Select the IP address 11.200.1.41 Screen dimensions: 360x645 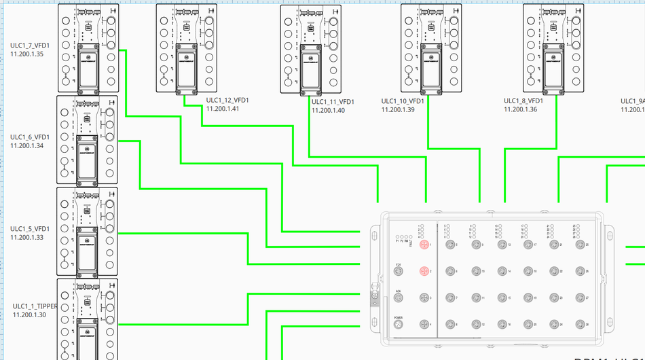(x=223, y=109)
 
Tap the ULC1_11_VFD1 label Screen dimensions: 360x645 (x=333, y=102)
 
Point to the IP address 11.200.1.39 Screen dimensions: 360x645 (x=398, y=109)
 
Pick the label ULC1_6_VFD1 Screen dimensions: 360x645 (x=30, y=137)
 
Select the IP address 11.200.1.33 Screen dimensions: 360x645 (x=27, y=238)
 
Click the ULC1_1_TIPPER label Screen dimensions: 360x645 (x=35, y=306)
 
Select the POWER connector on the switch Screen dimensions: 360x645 (x=399, y=325)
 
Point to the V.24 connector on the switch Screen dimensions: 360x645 (x=399, y=271)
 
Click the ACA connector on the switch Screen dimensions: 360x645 (x=399, y=298)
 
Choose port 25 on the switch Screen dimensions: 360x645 (x=579, y=244)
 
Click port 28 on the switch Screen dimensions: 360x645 (x=579, y=324)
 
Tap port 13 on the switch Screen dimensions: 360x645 (x=500, y=244)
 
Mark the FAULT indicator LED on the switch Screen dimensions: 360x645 (x=411, y=237)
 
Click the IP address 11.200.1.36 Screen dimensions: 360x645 (x=520, y=109)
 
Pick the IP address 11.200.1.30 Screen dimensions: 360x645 (x=30, y=314)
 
